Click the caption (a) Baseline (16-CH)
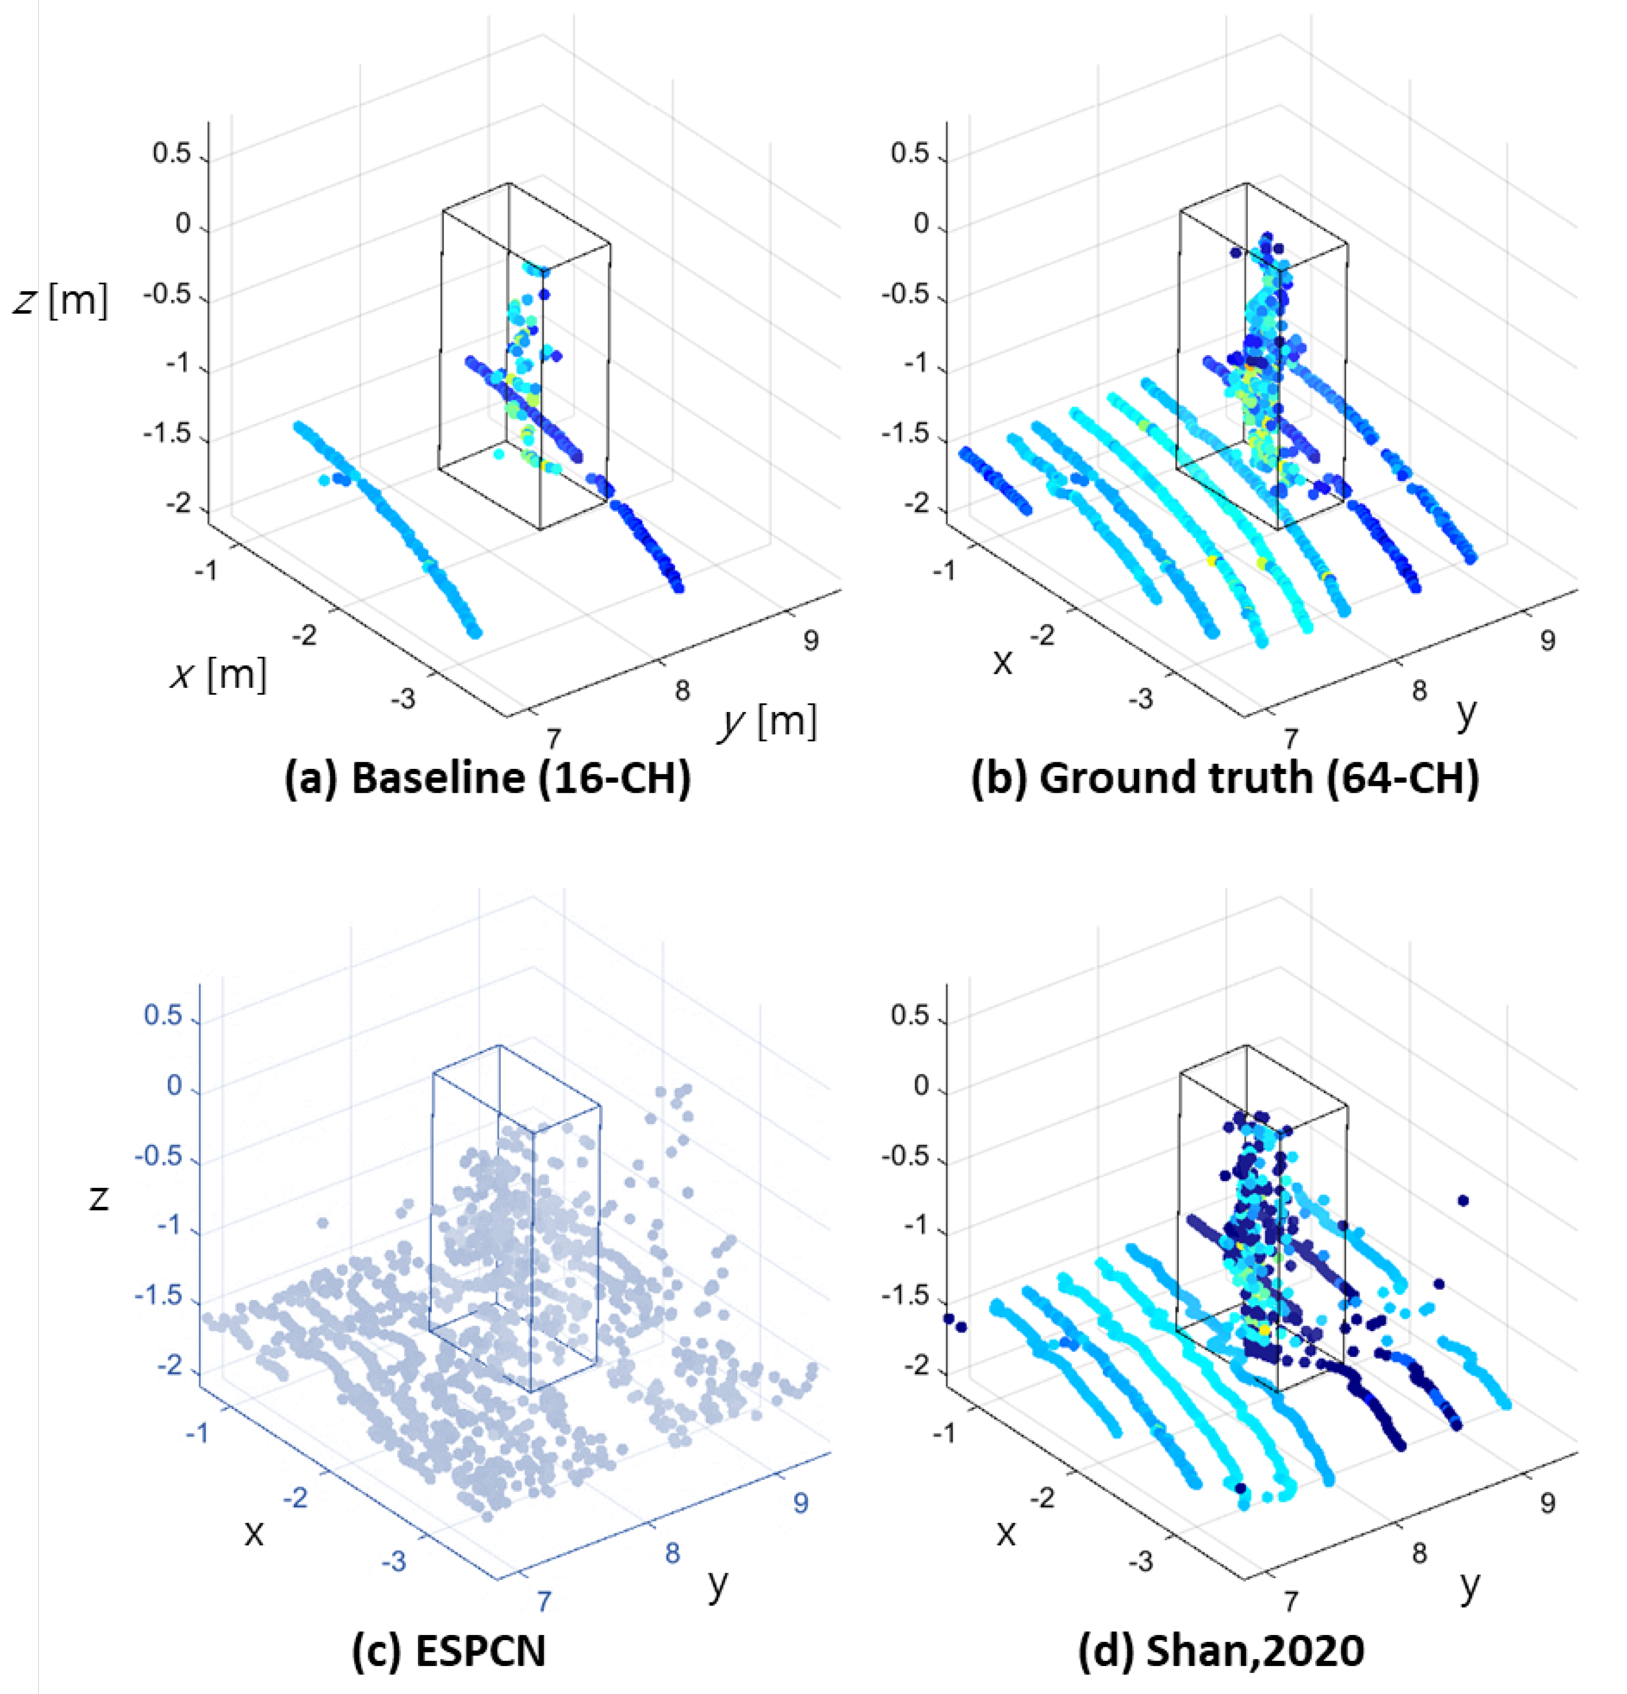(487, 778)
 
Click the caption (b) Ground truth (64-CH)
(1225, 778)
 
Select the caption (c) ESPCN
(449, 1651)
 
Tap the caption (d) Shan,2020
(1221, 1651)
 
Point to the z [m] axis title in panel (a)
(61, 301)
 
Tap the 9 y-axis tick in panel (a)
(810, 641)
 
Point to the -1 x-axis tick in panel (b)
(948, 570)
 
